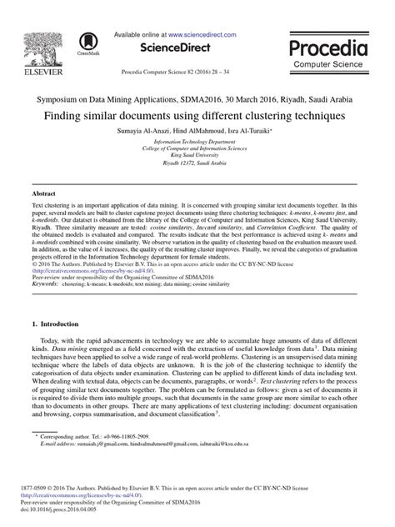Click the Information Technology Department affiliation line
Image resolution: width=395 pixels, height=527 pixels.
pyautogui.click(x=197, y=143)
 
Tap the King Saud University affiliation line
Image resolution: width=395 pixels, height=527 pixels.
pyautogui.click(x=197, y=157)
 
